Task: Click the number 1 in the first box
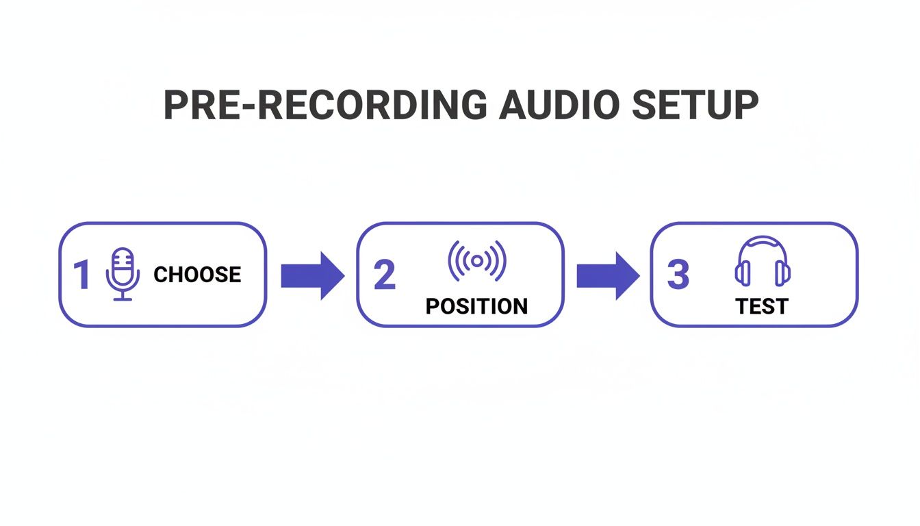(81, 275)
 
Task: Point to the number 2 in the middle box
(385, 275)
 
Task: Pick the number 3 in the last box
(678, 275)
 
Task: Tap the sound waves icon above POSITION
(477, 261)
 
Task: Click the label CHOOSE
(197, 275)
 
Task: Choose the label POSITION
(476, 306)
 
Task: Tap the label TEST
(762, 306)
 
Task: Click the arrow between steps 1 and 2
(312, 275)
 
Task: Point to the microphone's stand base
(123, 299)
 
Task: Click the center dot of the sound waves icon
(477, 261)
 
